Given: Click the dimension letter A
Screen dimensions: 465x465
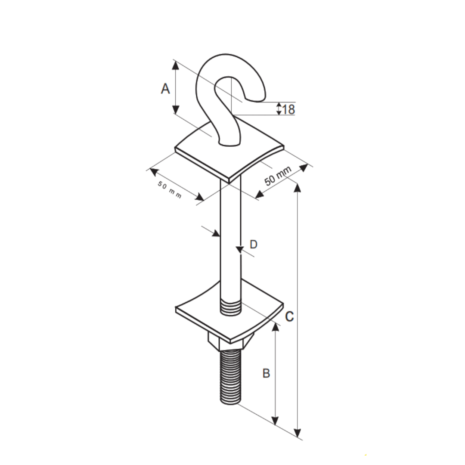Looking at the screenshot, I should point(165,89).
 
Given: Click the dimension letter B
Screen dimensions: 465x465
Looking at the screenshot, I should point(267,373).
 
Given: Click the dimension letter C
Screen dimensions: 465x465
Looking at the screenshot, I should point(289,316).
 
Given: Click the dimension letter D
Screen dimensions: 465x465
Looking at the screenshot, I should point(254,245).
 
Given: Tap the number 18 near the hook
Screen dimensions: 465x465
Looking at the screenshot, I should point(289,109).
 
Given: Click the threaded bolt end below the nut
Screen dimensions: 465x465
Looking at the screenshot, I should point(230,377).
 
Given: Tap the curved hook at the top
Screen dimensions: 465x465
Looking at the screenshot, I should point(228,86).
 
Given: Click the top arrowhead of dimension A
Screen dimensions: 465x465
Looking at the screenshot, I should point(175,65).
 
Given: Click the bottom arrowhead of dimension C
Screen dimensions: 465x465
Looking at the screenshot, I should point(297,432).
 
